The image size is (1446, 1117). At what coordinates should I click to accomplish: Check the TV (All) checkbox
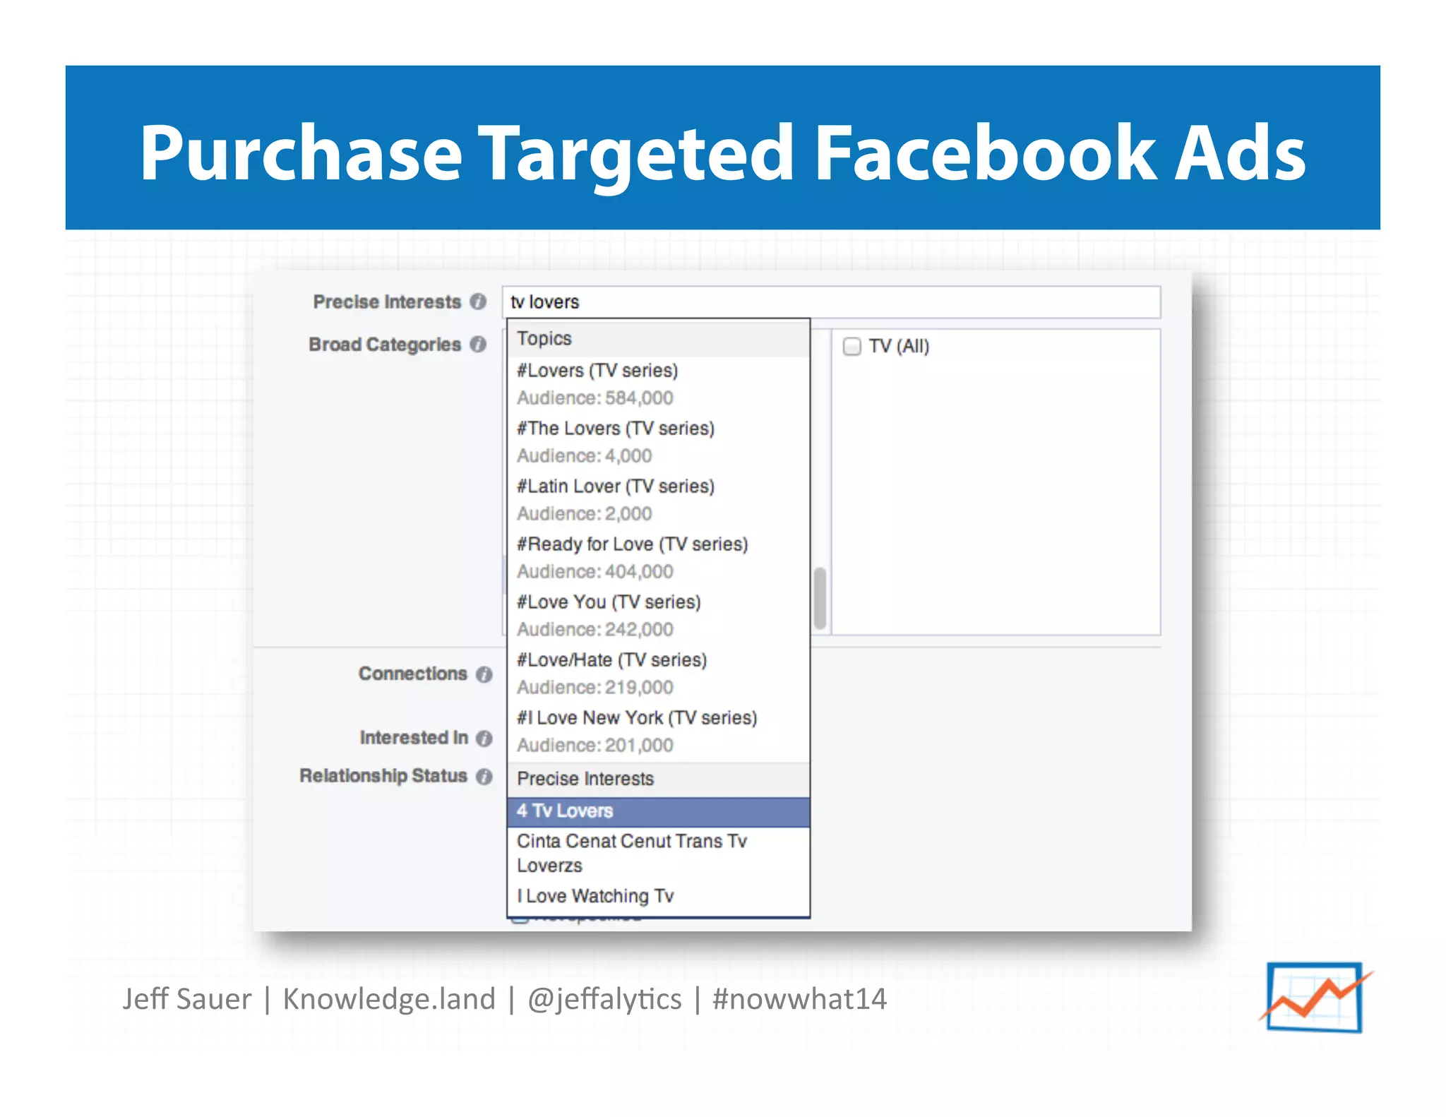pos(852,347)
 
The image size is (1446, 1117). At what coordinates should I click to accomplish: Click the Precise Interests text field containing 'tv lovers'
pos(830,302)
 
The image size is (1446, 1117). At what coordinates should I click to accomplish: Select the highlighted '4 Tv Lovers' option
pos(658,811)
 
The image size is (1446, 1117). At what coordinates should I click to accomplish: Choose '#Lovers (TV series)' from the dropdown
pos(597,371)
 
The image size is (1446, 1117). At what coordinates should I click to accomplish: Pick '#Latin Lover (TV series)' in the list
pos(616,486)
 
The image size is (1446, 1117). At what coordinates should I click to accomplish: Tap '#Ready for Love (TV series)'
pos(632,544)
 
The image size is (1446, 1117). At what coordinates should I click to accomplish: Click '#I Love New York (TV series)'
pos(637,718)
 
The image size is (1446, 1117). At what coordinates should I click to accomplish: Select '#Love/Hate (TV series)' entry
pos(611,660)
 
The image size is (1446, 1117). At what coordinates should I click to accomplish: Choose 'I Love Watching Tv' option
pos(595,896)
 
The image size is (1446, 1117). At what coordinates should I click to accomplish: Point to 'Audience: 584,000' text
pos(594,398)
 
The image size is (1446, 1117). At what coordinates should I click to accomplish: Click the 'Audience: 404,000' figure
pos(594,572)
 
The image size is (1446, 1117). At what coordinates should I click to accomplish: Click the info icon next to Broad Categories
pos(479,345)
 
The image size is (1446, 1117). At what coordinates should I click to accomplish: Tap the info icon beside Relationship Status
pos(484,777)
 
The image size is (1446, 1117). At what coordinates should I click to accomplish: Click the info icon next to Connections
pos(484,675)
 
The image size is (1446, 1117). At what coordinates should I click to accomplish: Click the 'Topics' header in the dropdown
pos(544,339)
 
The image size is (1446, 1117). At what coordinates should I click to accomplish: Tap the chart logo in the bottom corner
pos(1314,997)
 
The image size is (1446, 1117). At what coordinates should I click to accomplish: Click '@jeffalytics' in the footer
pos(604,999)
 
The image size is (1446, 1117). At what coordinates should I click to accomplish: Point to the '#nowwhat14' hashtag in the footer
pos(799,999)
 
